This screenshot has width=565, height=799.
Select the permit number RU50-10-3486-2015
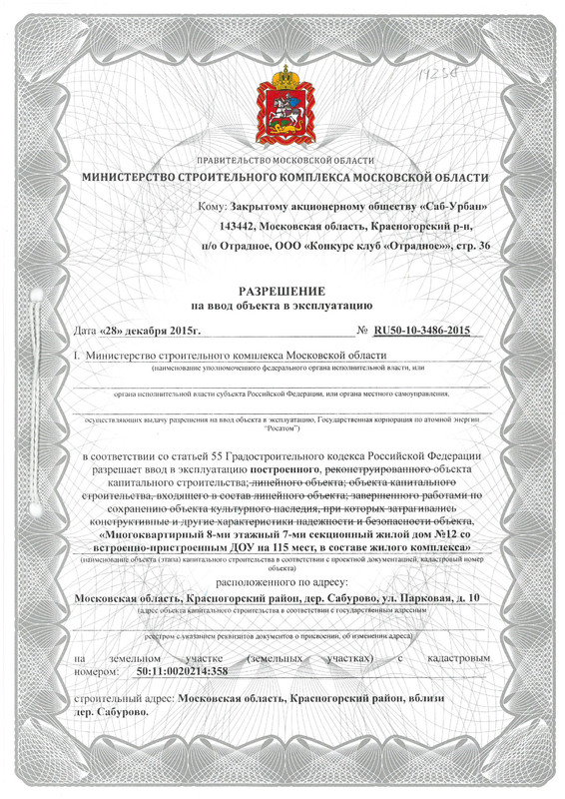[x=420, y=331]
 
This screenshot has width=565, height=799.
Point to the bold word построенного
[x=284, y=468]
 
